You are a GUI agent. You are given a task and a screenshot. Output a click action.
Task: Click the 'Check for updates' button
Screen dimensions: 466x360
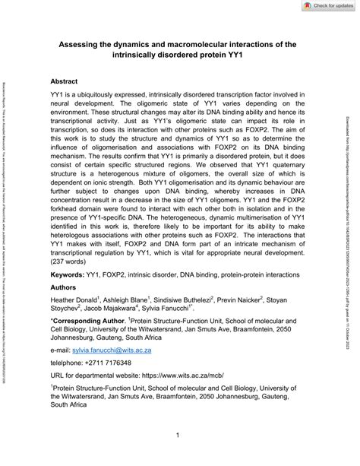[x=320, y=6]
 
